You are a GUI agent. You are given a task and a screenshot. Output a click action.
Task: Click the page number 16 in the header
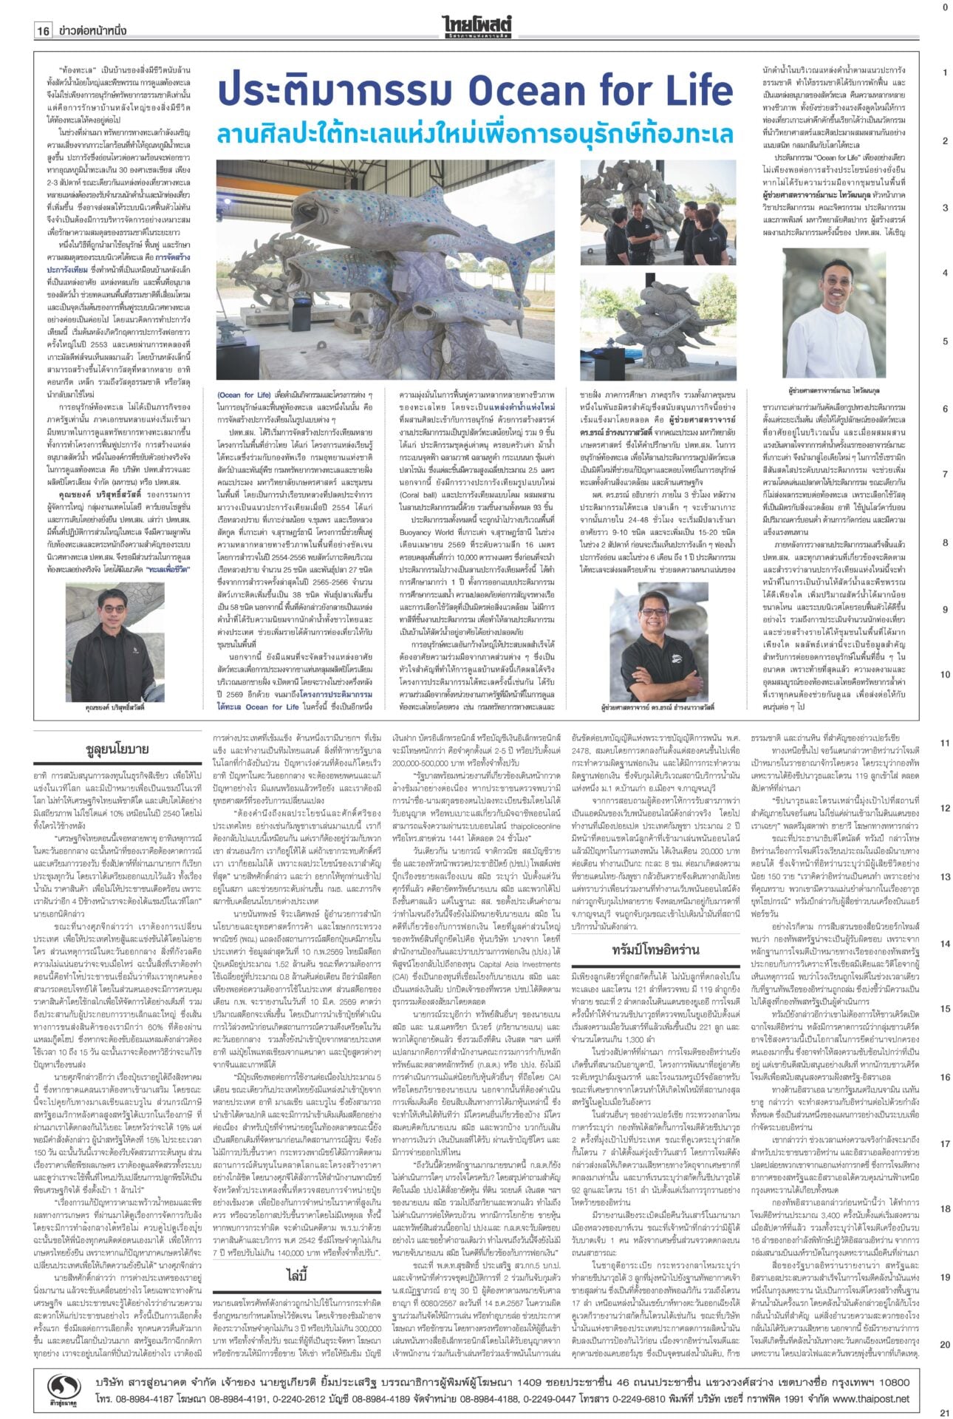point(43,31)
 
